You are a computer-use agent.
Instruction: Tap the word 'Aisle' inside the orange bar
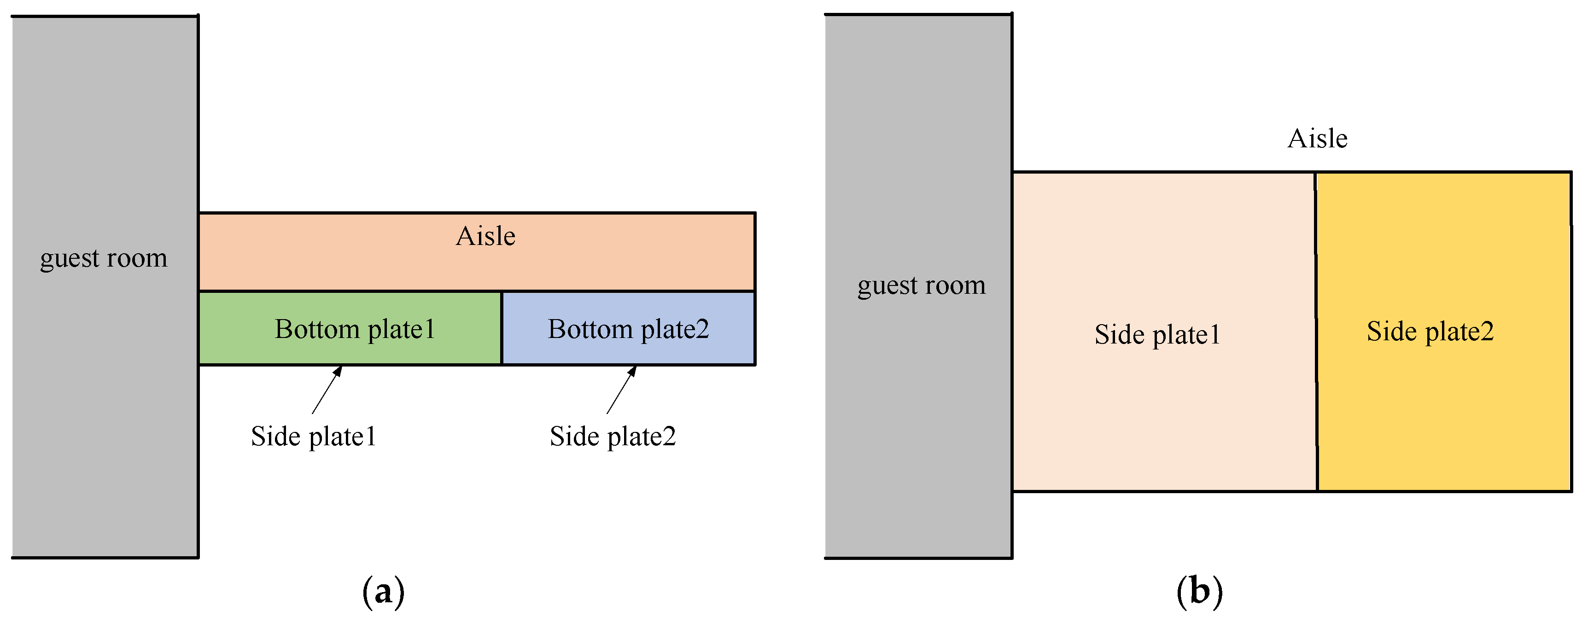(x=485, y=236)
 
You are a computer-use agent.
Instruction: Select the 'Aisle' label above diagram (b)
(x=1317, y=139)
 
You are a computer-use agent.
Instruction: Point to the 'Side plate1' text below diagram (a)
(x=313, y=437)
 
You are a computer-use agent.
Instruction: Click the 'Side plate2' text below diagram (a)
(x=613, y=437)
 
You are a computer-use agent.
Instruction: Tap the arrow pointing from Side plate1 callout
(x=327, y=390)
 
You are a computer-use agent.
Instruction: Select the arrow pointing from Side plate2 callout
(x=621, y=390)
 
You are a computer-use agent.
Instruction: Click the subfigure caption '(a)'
(x=384, y=592)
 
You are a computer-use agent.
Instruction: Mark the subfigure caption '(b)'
(x=1199, y=592)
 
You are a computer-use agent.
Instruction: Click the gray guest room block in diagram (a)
(x=105, y=401)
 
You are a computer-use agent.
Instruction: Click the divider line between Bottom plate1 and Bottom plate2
(x=502, y=328)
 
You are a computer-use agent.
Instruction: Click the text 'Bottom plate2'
(x=629, y=329)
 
